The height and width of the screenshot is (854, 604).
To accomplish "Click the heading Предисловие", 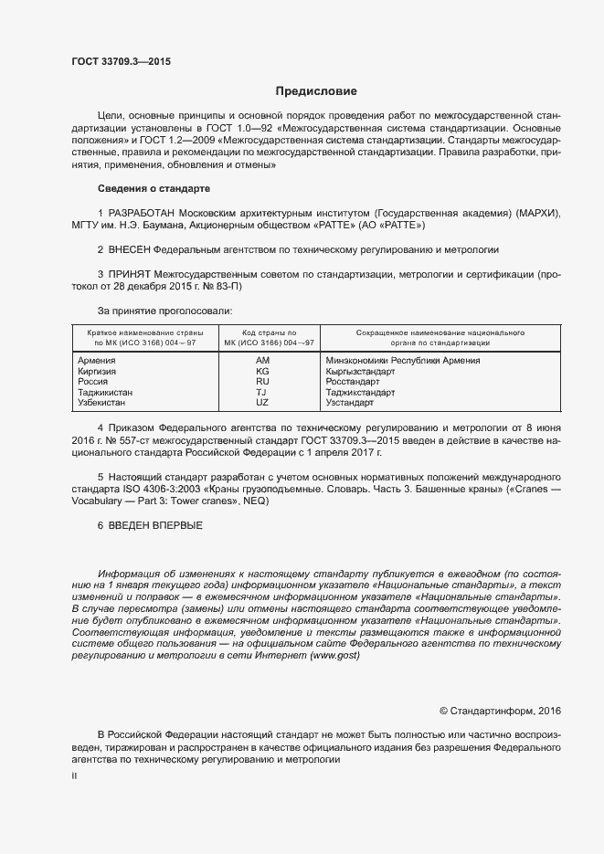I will coord(316,91).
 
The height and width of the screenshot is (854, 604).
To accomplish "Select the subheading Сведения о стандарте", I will coord(154,188).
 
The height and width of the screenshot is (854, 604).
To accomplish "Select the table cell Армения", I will coord(97,361).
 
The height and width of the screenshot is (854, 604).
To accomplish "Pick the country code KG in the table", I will coord(262,372).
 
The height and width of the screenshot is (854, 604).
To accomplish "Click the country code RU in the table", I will coord(262,382).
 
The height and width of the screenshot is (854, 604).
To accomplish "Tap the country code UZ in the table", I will coord(262,402).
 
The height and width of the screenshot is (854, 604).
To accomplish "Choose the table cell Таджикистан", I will coord(106,392).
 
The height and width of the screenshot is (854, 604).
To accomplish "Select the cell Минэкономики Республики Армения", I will coord(403,361).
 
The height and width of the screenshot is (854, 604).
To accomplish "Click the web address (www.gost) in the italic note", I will coord(336,656).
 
